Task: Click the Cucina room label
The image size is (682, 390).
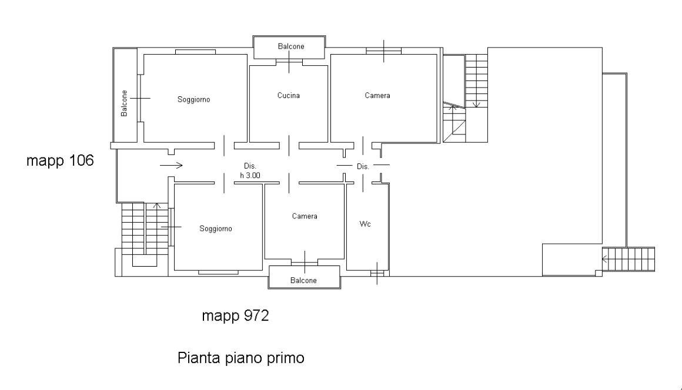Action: pyautogui.click(x=289, y=95)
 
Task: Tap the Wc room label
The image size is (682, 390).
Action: pyautogui.click(x=365, y=224)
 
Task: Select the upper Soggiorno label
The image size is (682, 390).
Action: pyautogui.click(x=193, y=100)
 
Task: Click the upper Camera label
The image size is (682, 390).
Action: pyautogui.click(x=377, y=95)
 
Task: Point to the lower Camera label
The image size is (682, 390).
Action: pyautogui.click(x=305, y=216)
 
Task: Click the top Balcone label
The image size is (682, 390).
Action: pyautogui.click(x=291, y=46)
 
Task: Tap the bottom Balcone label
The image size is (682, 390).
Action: pyautogui.click(x=303, y=281)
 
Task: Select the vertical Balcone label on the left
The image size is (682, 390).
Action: pyautogui.click(x=124, y=103)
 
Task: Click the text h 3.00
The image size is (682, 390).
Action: pyautogui.click(x=250, y=175)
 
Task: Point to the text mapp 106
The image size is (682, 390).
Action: pyautogui.click(x=60, y=161)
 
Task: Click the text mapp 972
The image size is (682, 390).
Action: pyautogui.click(x=235, y=316)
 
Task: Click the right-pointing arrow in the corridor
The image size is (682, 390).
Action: pyautogui.click(x=171, y=166)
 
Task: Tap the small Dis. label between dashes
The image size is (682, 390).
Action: pyautogui.click(x=363, y=167)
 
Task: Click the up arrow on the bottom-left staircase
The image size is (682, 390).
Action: pyautogui.click(x=156, y=207)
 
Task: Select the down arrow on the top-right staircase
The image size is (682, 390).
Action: pyautogui.click(x=476, y=104)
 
